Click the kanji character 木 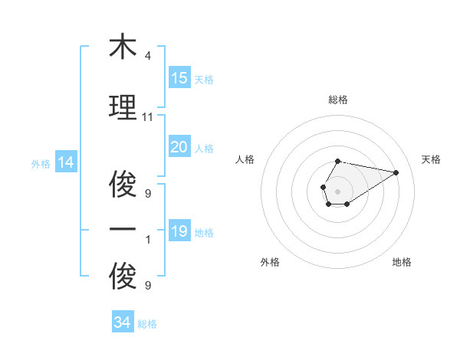[123, 47]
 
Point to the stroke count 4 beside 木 [148, 56]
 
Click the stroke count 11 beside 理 [148, 116]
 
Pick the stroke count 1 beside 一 [148, 239]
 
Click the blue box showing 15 [179, 78]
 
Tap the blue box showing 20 [179, 147]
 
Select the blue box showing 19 [179, 231]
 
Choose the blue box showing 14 [66, 162]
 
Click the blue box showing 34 [123, 323]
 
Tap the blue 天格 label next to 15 [203, 79]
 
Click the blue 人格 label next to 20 [203, 148]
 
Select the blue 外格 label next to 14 [41, 163]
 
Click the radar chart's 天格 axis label [432, 159]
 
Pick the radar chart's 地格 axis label [402, 262]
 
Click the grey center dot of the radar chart [337, 191]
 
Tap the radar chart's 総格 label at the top [337, 100]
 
